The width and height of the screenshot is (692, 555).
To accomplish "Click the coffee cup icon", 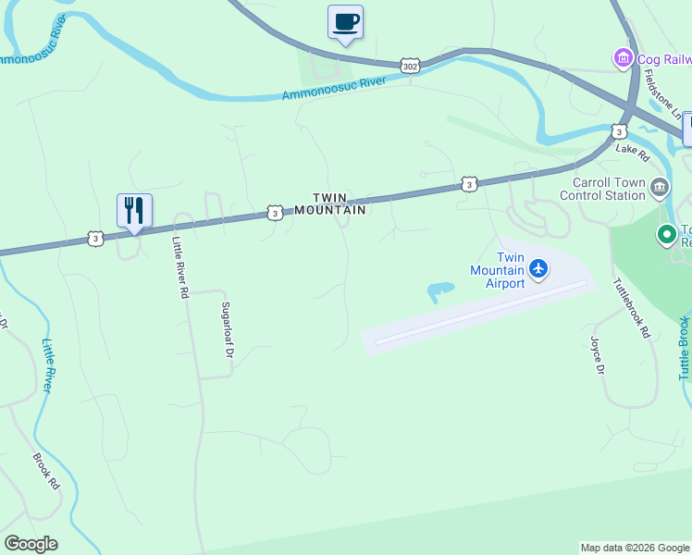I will (345, 22).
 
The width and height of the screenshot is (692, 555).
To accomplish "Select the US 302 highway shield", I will (411, 66).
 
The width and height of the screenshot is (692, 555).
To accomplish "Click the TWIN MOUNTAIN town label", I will (340, 203).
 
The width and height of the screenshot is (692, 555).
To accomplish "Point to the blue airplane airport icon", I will (538, 269).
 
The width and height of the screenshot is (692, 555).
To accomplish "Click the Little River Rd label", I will (179, 267).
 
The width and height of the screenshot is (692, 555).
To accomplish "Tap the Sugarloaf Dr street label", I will (227, 329).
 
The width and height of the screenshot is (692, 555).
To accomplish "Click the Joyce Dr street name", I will (597, 355).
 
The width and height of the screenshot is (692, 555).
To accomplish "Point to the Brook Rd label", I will (46, 471).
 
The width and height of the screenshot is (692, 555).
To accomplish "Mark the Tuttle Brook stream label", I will (685, 348).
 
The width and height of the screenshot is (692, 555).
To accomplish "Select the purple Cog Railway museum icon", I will (624, 59).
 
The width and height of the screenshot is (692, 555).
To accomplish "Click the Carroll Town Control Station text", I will (602, 189).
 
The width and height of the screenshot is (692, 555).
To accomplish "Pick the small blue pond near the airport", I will (439, 291).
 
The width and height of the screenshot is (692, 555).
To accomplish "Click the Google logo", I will (31, 544).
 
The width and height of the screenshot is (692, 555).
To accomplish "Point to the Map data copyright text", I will (635, 548).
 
